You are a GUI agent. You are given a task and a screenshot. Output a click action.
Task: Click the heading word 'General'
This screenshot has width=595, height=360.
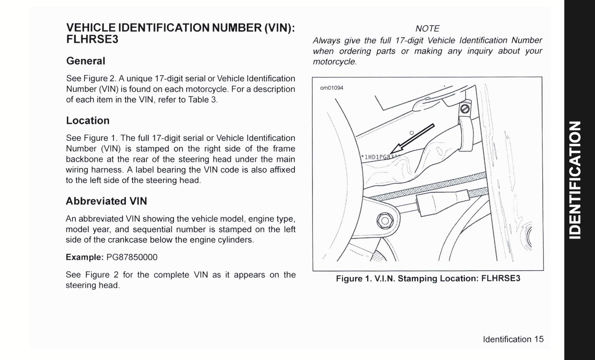point(86,61)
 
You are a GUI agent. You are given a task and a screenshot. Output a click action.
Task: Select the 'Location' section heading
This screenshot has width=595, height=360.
point(88,121)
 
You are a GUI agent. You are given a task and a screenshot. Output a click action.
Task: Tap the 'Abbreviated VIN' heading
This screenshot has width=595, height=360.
point(106,201)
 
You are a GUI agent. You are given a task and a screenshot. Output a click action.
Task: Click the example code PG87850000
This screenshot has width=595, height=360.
point(132,257)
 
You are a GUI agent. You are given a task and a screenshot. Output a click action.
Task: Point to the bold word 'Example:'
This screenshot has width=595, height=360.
point(84,257)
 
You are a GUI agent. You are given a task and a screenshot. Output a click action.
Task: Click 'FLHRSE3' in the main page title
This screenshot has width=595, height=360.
point(92,40)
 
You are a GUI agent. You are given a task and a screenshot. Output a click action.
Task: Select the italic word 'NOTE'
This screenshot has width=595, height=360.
point(427,29)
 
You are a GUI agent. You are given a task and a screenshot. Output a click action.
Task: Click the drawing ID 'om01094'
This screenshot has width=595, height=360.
point(331,88)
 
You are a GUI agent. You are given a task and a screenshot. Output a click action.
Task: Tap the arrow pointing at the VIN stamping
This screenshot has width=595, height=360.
point(412,138)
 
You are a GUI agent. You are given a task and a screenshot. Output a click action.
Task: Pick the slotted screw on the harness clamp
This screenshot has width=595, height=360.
point(464,109)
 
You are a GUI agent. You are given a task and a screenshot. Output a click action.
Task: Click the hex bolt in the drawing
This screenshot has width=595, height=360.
point(385,221)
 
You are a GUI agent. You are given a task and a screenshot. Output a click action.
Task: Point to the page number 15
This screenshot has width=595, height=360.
point(539,339)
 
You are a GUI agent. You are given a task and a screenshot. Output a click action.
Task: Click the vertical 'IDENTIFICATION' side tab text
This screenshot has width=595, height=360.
point(575,180)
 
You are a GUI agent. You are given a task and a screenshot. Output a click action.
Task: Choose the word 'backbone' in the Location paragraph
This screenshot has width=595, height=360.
point(82,159)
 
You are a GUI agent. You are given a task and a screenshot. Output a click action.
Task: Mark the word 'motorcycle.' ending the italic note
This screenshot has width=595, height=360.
point(334,62)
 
